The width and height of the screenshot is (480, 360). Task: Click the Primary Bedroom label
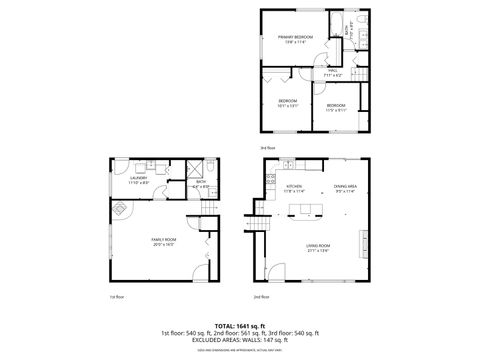pos(294,39)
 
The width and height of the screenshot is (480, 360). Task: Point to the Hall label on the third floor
pos(331,73)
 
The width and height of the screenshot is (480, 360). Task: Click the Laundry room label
pos(139,180)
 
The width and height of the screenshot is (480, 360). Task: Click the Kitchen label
pos(294,188)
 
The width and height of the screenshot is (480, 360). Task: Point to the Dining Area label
pos(345,188)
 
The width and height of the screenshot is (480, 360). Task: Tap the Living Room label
pos(318,247)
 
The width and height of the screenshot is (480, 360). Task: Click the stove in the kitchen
pos(270,180)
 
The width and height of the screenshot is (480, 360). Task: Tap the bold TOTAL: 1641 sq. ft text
pos(239,325)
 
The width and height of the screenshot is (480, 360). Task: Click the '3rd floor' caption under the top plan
pos(266,148)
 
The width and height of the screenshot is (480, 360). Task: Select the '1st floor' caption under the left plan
pos(114,297)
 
